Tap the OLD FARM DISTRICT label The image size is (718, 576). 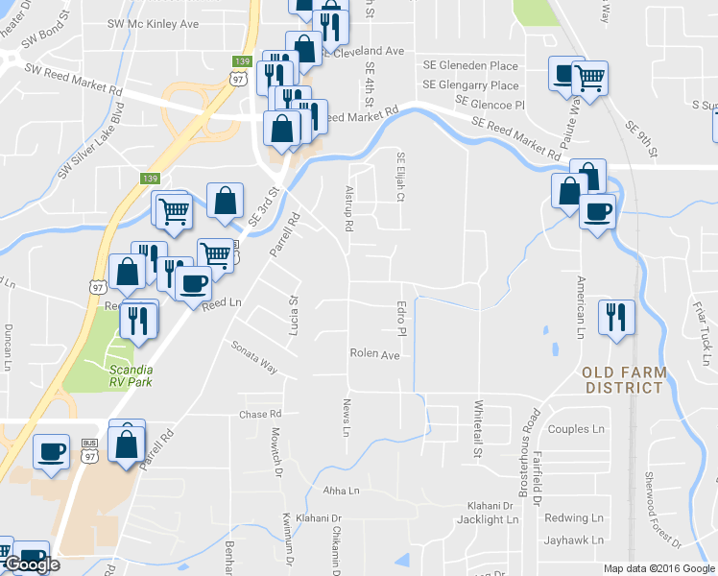click(623, 379)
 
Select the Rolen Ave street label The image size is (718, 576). click(374, 353)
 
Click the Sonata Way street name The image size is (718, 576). click(253, 356)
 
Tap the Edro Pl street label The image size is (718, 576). click(403, 319)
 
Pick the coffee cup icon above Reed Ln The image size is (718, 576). click(194, 284)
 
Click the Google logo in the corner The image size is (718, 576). click(32, 564)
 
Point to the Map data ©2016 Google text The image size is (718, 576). click(658, 568)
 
